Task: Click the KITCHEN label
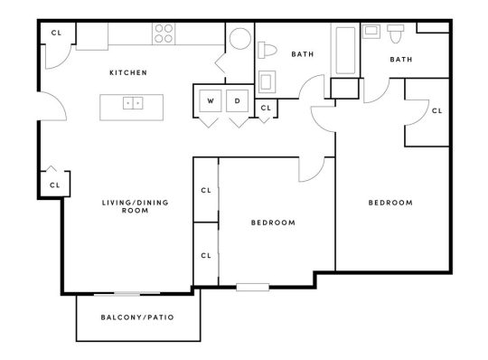[127, 72]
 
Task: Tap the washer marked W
[210, 100]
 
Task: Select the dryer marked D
[238, 100]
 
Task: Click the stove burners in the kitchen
[164, 33]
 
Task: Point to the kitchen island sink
[133, 103]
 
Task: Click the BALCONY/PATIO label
[138, 318]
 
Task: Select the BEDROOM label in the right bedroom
[390, 203]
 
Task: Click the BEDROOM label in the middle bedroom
[273, 222]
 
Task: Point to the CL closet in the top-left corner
[56, 33]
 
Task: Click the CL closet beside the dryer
[265, 109]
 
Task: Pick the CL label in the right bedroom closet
[436, 110]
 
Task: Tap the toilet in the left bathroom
[270, 50]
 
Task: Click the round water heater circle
[240, 42]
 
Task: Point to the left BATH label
[302, 54]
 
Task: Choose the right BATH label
[400, 60]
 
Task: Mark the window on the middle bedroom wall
[253, 288]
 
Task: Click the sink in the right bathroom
[371, 30]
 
